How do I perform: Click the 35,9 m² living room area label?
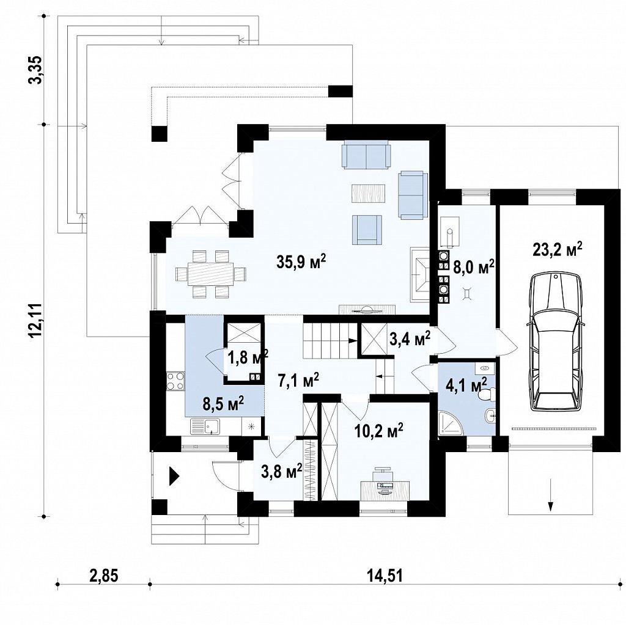[x=301, y=261]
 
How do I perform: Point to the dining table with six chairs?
[x=211, y=274]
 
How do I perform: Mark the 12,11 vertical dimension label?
[x=35, y=321]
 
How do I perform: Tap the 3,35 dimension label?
[x=35, y=70]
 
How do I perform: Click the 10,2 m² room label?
[x=379, y=431]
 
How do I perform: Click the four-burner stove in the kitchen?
[x=175, y=381]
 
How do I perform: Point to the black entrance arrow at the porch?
[x=174, y=476]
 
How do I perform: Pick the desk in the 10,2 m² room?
[x=385, y=486]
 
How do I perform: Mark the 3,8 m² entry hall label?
[x=281, y=472]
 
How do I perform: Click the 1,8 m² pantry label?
[x=248, y=357]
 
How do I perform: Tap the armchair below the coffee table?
[x=367, y=230]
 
